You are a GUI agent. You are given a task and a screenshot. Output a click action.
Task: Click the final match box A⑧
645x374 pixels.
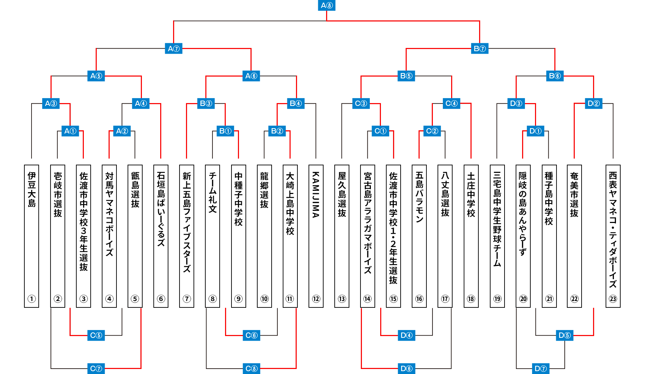point(326,5)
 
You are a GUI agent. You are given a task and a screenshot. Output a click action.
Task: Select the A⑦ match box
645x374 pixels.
point(174,49)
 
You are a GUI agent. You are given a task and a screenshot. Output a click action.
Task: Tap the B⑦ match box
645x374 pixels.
point(479,49)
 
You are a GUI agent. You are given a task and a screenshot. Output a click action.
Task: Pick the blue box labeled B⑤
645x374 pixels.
point(406,76)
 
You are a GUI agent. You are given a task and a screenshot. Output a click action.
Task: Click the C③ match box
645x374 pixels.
point(361,103)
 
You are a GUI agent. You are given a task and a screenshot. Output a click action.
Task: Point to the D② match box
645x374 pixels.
point(593,103)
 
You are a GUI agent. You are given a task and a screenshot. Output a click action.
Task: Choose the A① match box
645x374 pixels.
point(70,131)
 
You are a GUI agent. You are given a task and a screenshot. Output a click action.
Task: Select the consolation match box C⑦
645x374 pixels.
point(96,368)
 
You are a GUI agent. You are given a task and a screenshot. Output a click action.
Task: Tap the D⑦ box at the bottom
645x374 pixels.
point(540,368)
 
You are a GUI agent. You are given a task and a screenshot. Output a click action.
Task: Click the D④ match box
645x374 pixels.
point(406,335)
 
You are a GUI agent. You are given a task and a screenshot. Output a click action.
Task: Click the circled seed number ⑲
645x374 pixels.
point(497,299)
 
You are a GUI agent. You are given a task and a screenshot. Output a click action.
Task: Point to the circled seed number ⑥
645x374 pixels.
point(161,299)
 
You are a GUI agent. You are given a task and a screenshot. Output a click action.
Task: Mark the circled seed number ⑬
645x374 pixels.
point(342,299)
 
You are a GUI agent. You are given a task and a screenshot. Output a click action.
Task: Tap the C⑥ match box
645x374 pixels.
point(251,335)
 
